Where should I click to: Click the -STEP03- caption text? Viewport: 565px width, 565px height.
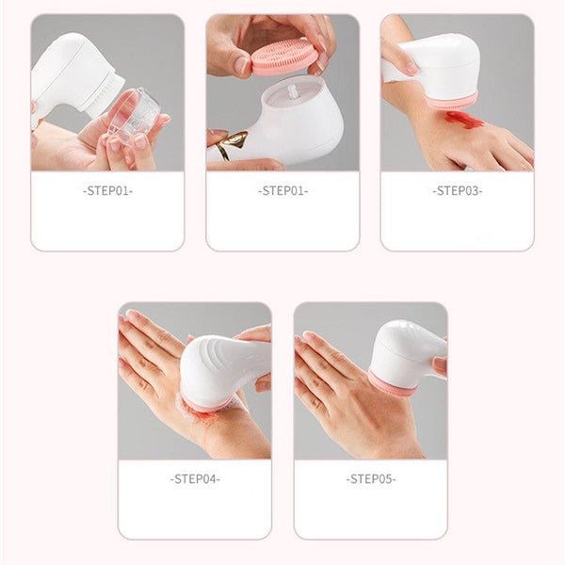(x=458, y=191)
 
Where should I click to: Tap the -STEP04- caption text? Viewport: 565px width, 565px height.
(x=195, y=478)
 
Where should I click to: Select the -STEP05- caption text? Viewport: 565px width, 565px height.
(x=370, y=478)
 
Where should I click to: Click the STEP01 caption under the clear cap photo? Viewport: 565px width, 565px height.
(x=107, y=191)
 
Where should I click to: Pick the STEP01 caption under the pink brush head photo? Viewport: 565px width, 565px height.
(x=282, y=191)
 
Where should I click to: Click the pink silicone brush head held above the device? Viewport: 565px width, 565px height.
(x=283, y=56)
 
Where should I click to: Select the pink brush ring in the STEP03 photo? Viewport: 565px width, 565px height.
(x=451, y=100)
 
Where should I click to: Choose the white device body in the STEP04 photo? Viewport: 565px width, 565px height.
(x=218, y=369)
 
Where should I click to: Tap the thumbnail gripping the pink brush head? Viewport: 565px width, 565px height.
(x=242, y=65)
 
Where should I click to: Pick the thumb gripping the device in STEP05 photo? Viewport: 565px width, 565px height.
(x=440, y=363)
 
